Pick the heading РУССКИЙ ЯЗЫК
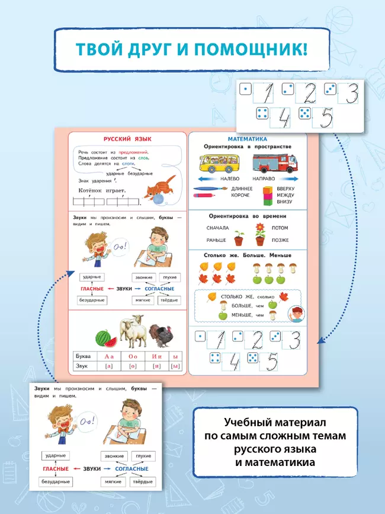[x=127, y=139]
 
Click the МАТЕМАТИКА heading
[x=247, y=138]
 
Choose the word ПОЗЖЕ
[x=280, y=240]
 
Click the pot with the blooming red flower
[x=259, y=235]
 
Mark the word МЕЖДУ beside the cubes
[x=285, y=195]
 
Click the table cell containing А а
[x=108, y=357]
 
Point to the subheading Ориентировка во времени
[x=248, y=216]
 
